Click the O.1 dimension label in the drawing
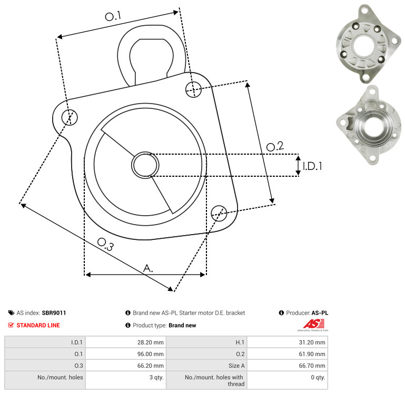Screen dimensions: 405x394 (113, 16)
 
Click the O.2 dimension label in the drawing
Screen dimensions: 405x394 (275, 146)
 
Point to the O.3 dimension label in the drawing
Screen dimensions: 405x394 (105, 244)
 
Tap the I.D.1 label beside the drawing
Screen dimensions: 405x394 (312, 166)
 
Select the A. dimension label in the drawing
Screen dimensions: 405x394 (148, 268)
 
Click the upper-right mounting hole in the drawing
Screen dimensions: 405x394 (193, 89)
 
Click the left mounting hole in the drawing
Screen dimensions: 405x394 (70, 117)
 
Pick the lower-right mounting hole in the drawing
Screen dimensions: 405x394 (219, 213)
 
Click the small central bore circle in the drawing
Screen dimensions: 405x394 (145, 165)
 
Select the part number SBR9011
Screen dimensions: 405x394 (54, 312)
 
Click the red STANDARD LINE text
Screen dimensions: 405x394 (38, 325)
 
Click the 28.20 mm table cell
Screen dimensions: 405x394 (150, 342)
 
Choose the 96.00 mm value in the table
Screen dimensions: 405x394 (150, 354)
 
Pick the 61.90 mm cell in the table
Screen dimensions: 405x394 (312, 354)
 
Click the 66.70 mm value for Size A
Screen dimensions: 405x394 (312, 366)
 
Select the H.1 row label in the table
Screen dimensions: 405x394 (240, 342)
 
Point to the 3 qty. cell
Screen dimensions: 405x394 (156, 377)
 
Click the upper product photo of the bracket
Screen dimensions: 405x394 (369, 43)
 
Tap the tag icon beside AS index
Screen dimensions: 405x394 (11, 312)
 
